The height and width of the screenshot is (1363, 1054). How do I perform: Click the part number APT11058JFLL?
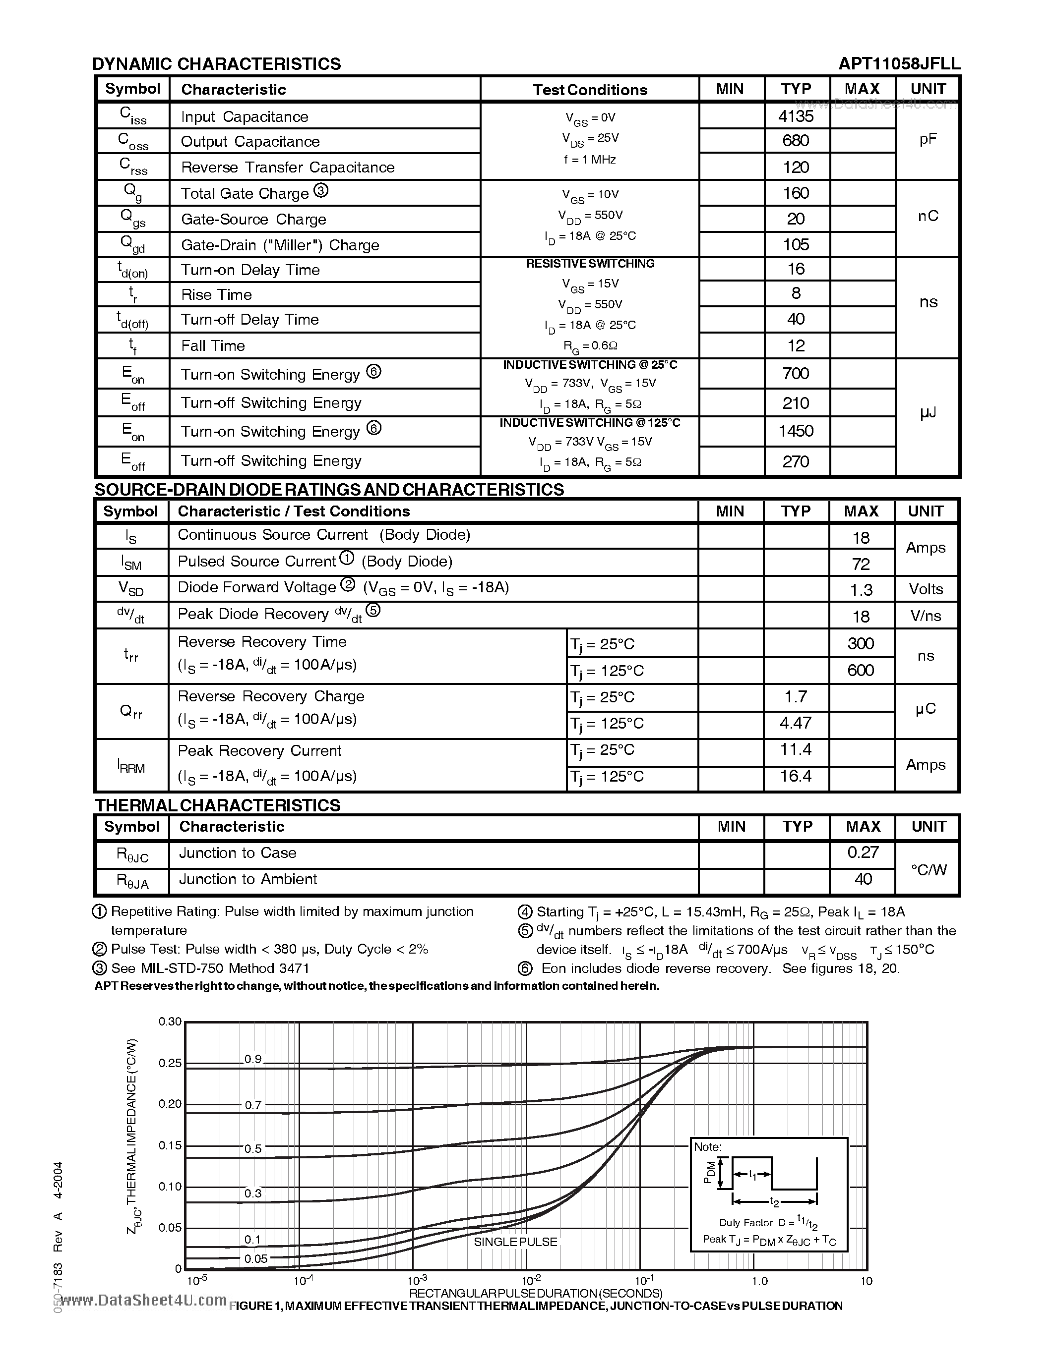[x=899, y=63]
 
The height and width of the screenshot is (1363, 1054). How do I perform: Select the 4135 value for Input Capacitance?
[x=796, y=116]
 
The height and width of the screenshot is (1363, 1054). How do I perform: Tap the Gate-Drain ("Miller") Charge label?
[x=280, y=245]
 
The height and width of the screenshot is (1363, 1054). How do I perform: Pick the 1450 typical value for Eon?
[x=796, y=431]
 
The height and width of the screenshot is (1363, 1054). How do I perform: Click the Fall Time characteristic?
[x=213, y=345]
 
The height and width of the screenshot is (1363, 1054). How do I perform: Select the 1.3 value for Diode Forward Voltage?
[x=861, y=589]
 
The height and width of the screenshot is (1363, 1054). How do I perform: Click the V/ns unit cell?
[x=926, y=616]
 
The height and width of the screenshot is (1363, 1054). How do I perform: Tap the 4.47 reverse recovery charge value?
[x=796, y=723]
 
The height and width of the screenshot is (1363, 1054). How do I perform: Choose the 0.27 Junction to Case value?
[x=863, y=852]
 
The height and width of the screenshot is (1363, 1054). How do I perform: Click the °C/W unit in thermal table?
[x=928, y=869]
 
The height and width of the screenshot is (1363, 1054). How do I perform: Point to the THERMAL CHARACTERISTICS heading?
[x=217, y=805]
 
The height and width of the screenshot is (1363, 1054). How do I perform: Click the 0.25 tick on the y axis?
[x=169, y=1063]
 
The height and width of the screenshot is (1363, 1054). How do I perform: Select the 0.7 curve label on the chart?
[x=253, y=1105]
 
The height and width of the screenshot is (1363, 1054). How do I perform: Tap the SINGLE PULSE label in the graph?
[x=515, y=1241]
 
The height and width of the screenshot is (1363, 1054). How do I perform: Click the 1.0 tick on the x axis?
[x=759, y=1281]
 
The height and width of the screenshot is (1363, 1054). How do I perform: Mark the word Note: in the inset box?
[x=707, y=1146]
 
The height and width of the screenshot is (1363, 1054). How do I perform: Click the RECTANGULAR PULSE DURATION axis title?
[x=535, y=1293]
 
